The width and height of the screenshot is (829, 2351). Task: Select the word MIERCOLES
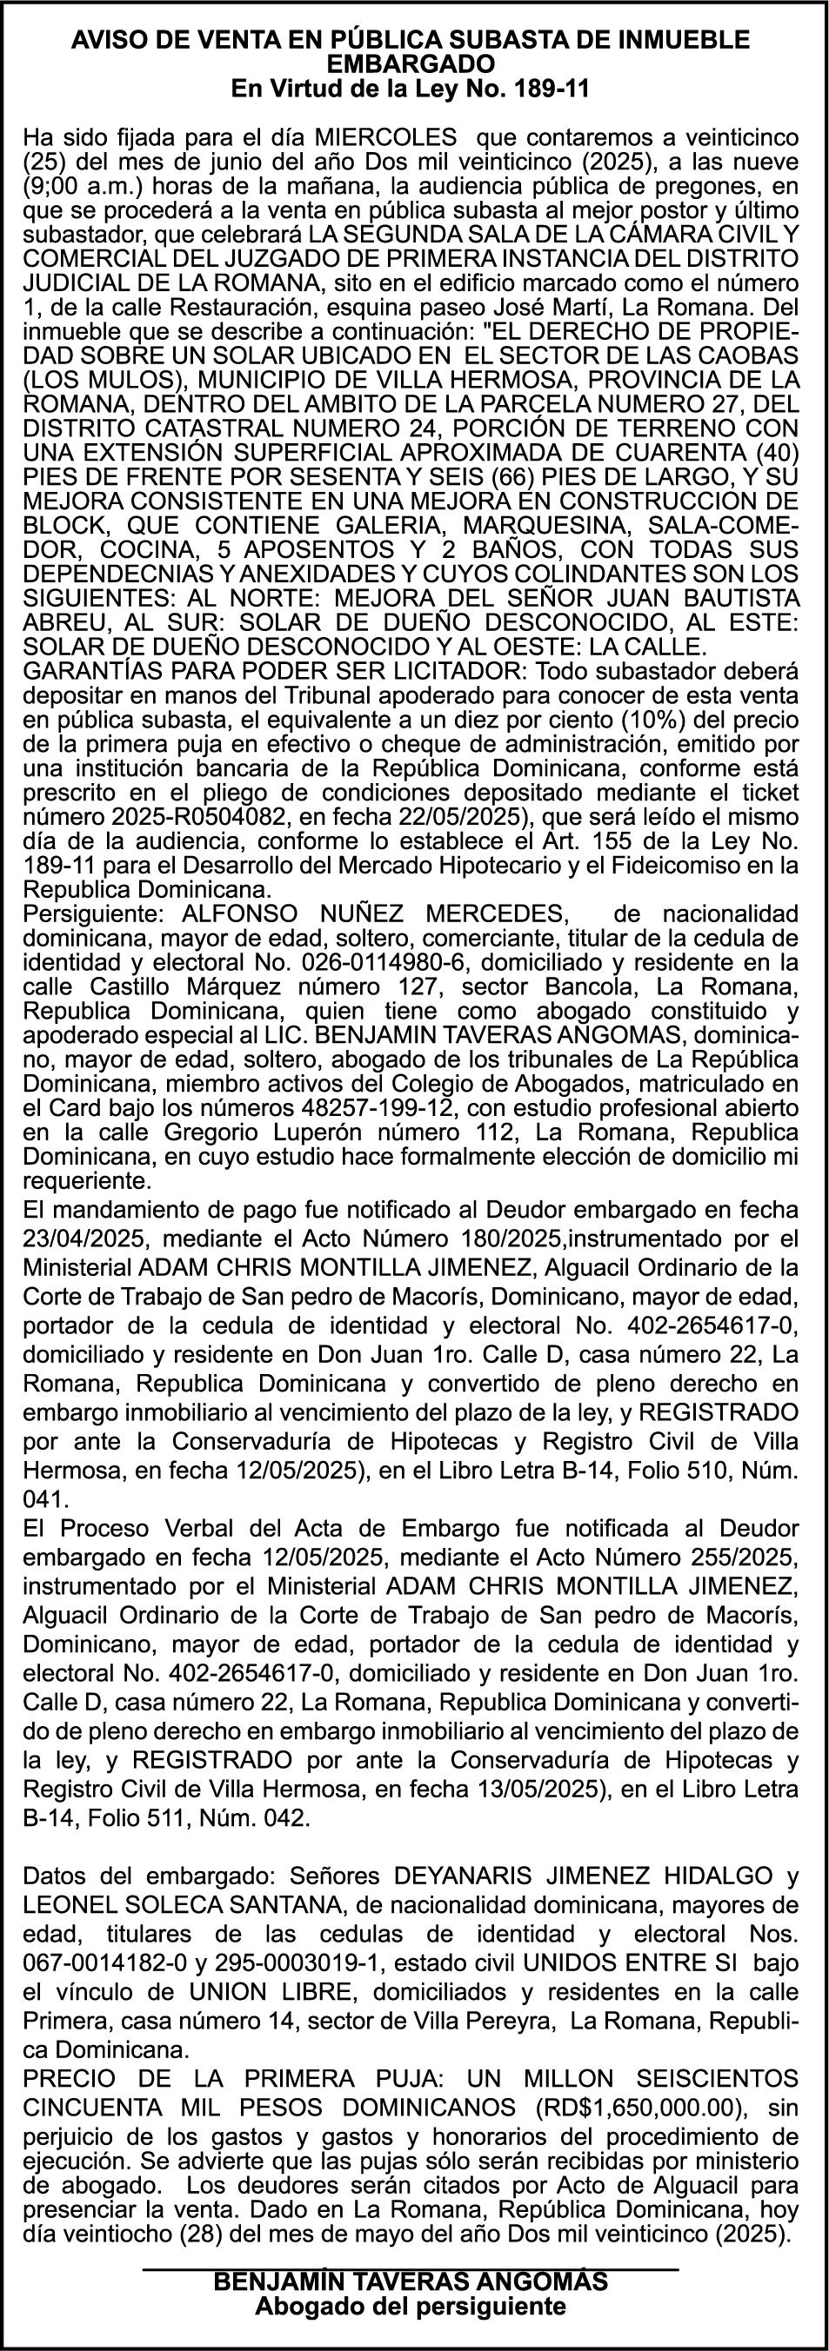[384, 138]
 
